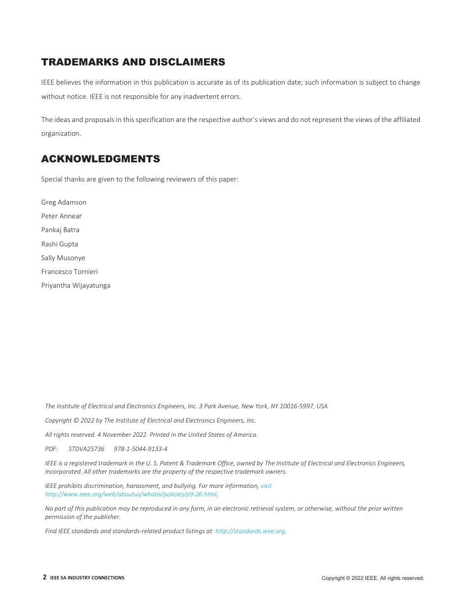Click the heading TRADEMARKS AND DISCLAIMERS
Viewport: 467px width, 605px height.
(133, 62)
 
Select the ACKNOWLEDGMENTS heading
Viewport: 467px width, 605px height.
(100, 159)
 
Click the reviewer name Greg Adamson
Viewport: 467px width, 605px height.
(64, 202)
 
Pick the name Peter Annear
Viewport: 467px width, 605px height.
(61, 216)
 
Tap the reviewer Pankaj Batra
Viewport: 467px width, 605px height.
(60, 230)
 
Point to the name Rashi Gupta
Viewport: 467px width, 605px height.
(59, 244)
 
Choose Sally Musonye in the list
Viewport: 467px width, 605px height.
(63, 258)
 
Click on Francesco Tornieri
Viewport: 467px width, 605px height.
(69, 272)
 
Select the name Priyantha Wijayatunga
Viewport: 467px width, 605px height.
(76, 285)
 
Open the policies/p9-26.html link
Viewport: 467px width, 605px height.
(131, 494)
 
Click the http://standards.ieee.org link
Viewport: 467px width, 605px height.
(250, 531)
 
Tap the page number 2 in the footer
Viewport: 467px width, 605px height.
(45, 577)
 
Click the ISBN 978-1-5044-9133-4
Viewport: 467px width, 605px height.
(140, 449)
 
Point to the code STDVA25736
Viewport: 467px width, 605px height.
(87, 449)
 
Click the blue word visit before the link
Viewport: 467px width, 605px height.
(266, 486)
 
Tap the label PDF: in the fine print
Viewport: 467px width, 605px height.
(51, 449)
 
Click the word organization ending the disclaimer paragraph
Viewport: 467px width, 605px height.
(60, 133)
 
